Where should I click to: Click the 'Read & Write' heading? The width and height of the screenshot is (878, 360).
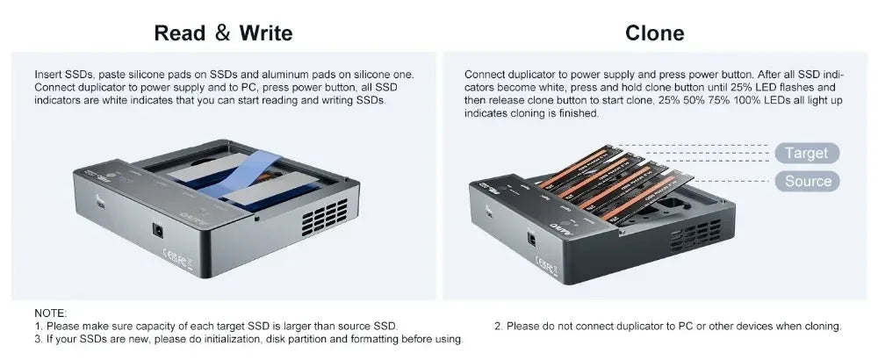[223, 33]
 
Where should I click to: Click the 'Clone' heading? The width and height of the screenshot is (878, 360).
[655, 33]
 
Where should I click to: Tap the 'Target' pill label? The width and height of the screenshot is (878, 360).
[807, 153]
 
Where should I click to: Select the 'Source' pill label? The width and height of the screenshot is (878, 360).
[808, 182]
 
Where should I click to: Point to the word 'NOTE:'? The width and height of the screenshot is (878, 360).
[50, 313]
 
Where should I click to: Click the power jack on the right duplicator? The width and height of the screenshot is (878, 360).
[532, 239]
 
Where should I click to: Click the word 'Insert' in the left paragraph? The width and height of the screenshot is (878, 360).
[48, 75]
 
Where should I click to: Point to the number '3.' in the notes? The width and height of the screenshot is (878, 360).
[39, 339]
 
